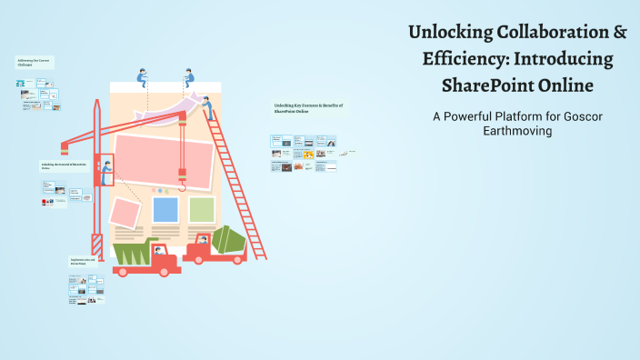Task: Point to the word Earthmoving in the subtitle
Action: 517,131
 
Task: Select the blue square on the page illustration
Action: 165,209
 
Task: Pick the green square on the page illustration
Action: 202,209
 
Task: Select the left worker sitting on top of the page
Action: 143,77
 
